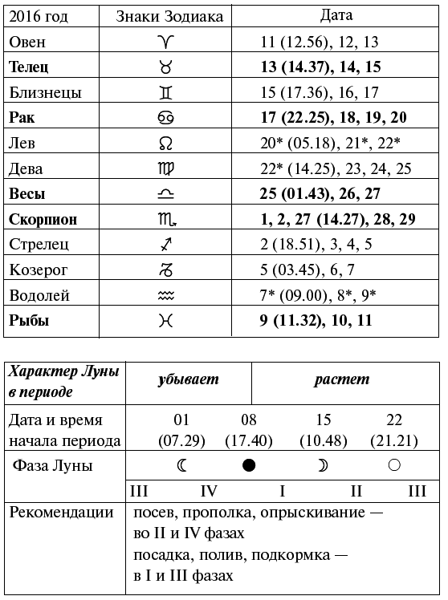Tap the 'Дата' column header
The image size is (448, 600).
(336, 15)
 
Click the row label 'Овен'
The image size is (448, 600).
(28, 42)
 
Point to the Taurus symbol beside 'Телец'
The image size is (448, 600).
(165, 67)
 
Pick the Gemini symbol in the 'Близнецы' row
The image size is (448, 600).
(165, 92)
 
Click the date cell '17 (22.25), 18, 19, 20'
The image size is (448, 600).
(334, 118)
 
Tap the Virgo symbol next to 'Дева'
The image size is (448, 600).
(165, 168)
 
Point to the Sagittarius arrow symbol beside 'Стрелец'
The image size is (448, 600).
(165, 244)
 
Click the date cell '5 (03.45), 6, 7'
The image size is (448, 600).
(307, 270)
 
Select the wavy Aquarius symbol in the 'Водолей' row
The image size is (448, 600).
(165, 295)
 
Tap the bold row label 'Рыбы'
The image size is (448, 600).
(29, 321)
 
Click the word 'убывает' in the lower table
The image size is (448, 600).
(189, 379)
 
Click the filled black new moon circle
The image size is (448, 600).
(249, 465)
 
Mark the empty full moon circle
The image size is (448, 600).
(394, 465)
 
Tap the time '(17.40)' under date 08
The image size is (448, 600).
(249, 440)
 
